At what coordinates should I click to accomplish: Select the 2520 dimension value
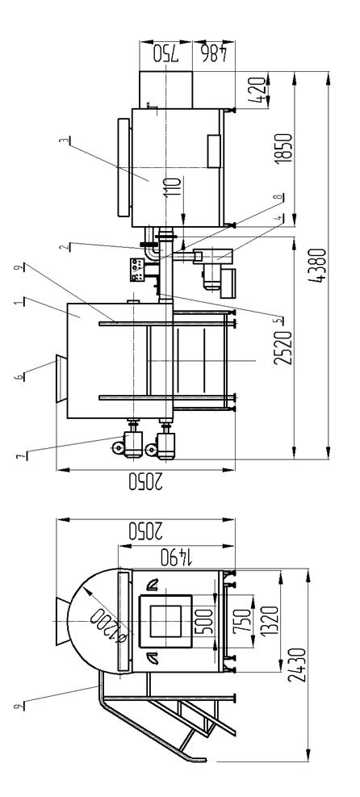(x=283, y=348)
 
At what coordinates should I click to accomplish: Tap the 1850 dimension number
(x=283, y=149)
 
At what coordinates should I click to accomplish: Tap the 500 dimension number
(x=204, y=622)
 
